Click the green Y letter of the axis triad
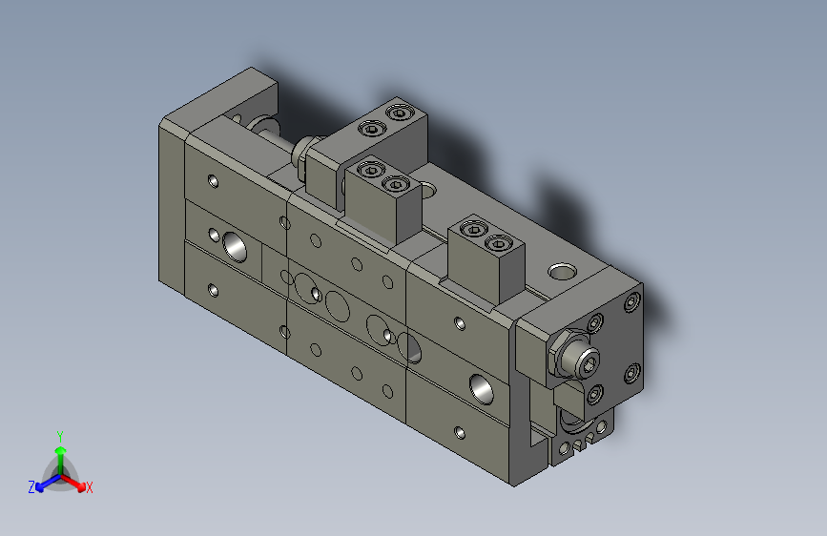tap(59, 434)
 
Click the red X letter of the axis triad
tap(90, 487)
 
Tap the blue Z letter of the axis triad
tap(31, 486)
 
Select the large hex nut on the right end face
tap(573, 356)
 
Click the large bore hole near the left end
tap(235, 246)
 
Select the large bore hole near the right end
tap(480, 386)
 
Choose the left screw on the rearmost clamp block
tap(370, 128)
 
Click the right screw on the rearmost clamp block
tap(399, 114)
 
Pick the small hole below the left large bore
tap(214, 289)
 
